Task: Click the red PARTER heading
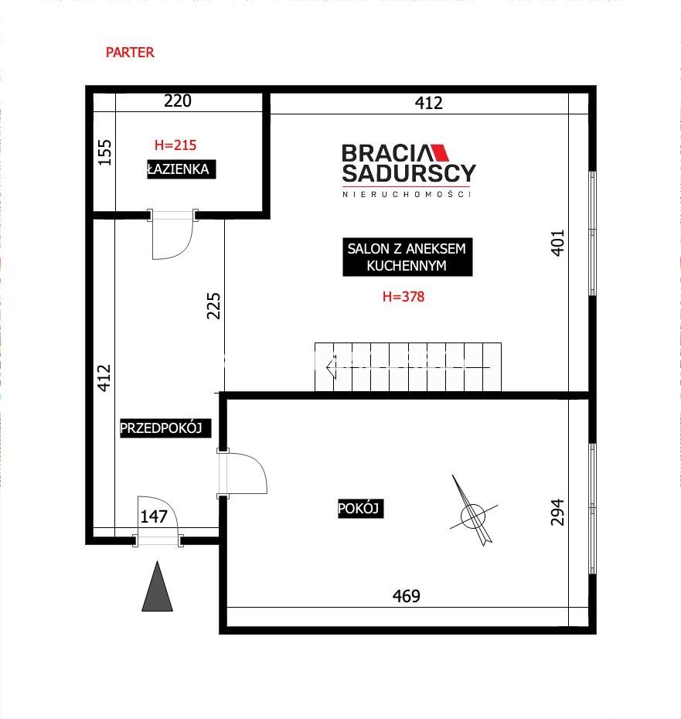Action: [x=130, y=53]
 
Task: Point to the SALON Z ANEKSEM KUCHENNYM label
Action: [x=407, y=257]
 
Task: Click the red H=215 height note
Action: [x=175, y=145]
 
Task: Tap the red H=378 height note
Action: [x=403, y=297]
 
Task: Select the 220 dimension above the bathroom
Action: [x=178, y=101]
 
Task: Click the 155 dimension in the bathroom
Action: [x=105, y=153]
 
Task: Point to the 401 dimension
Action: [x=557, y=243]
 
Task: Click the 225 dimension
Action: [x=213, y=305]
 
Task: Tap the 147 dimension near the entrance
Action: [x=154, y=516]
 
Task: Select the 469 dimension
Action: [x=407, y=596]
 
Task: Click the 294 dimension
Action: [x=557, y=513]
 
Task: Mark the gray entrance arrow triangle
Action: [x=157, y=587]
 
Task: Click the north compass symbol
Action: [x=473, y=511]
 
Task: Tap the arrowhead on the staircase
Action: [x=331, y=367]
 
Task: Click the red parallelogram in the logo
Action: [x=440, y=153]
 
